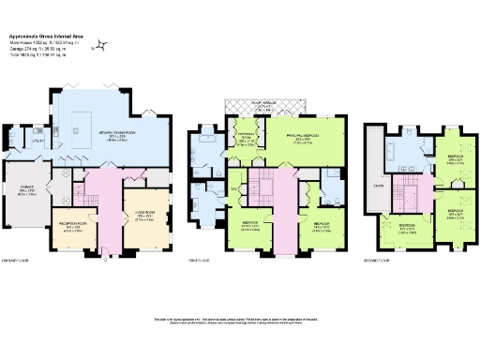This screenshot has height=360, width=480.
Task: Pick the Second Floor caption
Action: click(377, 260)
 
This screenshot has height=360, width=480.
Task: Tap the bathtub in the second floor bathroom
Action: click(407, 148)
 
